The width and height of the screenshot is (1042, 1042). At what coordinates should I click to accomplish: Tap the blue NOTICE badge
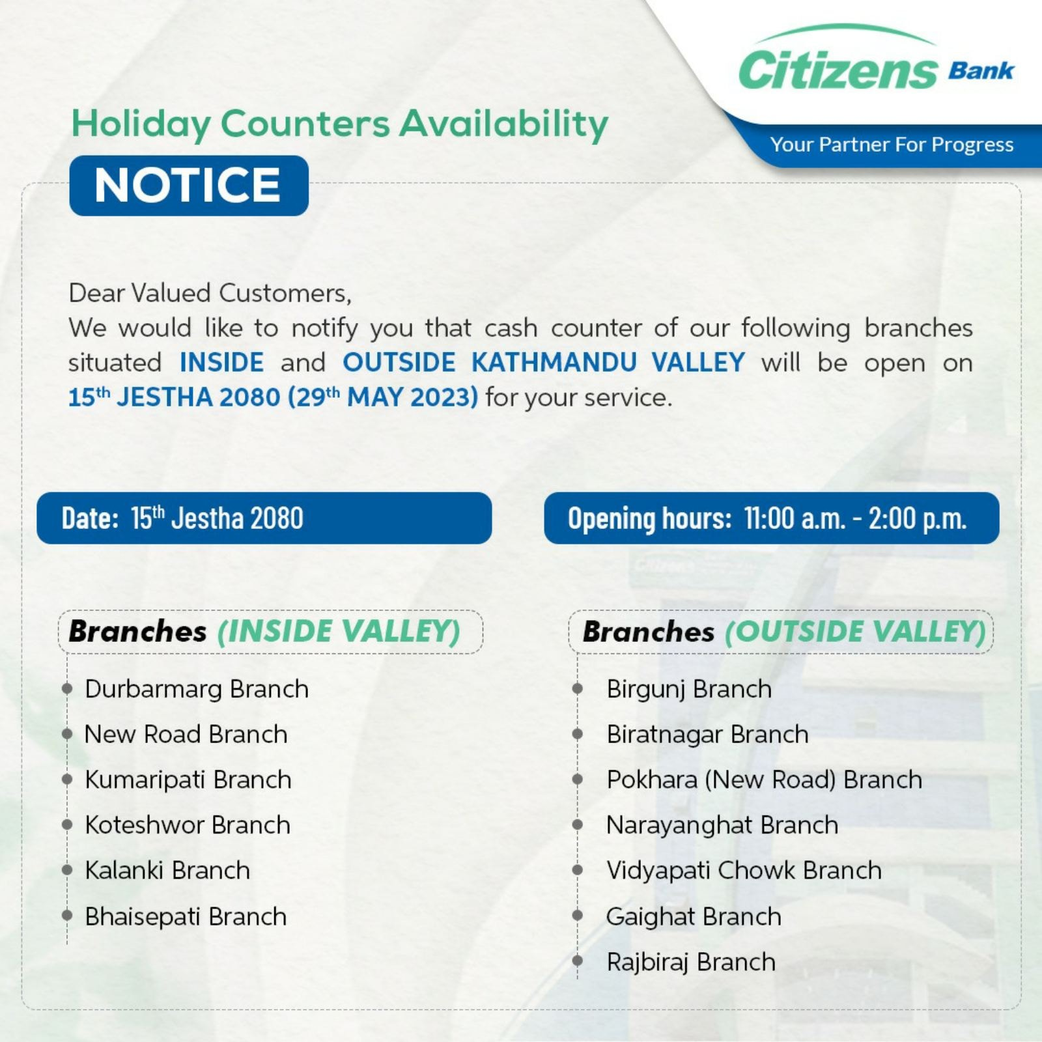point(189,186)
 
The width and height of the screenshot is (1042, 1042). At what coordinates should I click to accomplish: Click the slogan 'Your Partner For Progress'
point(892,145)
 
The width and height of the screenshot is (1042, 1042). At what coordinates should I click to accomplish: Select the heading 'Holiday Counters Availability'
point(340,124)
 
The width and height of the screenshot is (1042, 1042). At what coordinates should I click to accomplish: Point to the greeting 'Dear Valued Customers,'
point(210,293)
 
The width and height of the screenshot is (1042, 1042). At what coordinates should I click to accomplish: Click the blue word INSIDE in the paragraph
point(222,362)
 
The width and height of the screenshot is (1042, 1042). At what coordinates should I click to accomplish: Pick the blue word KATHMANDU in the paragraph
point(554,362)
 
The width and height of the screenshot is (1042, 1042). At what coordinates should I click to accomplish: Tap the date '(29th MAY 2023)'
point(383,397)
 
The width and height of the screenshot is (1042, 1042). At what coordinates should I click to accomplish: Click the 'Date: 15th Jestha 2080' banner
point(264,518)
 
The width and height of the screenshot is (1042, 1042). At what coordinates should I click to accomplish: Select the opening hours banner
point(772,518)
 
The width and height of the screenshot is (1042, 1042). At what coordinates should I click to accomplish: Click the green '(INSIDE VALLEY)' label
point(339,631)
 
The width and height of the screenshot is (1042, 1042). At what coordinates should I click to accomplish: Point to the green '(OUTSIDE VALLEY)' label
point(856,631)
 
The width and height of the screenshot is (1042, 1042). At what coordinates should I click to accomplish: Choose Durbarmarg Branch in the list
point(197,689)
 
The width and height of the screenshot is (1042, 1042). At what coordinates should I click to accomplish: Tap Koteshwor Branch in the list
point(188,825)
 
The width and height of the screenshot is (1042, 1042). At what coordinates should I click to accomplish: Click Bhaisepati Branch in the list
point(186,916)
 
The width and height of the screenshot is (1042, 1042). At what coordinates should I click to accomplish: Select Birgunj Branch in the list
point(689,689)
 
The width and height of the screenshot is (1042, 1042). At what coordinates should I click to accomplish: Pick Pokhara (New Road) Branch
point(765,780)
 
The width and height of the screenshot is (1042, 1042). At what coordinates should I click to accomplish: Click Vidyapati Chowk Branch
point(744,871)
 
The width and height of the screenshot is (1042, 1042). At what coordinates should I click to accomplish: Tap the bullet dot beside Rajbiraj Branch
point(577,961)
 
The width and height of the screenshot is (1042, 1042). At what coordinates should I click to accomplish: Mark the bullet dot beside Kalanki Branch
point(66,870)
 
